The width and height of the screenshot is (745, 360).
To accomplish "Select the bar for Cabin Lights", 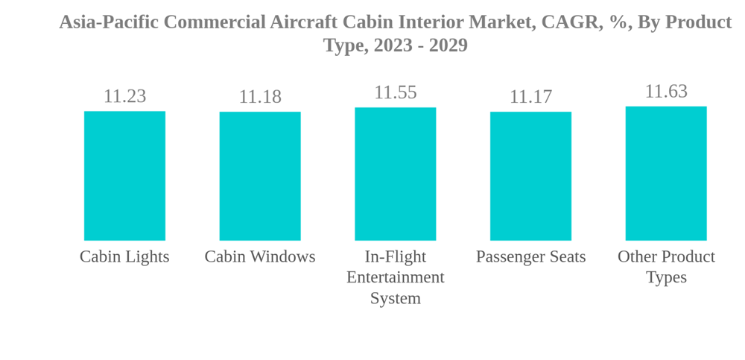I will tap(124, 176).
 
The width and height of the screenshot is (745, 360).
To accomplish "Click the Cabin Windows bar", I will tap(260, 176).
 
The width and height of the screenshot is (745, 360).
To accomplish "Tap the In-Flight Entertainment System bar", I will tap(395, 174).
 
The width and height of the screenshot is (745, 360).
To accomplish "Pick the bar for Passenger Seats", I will tap(530, 176).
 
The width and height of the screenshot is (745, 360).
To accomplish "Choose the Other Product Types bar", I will tap(666, 173).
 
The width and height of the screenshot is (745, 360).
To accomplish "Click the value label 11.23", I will tap(124, 96).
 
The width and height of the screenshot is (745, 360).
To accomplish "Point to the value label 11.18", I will tap(260, 97).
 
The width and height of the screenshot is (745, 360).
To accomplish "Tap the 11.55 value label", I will tap(395, 92).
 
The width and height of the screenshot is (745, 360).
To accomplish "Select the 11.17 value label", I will tap(530, 97).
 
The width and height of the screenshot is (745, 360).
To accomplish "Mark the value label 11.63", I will tap(666, 92).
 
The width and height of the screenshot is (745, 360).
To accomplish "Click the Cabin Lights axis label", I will tap(124, 256).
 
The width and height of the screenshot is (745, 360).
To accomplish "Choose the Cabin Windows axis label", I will tap(260, 256).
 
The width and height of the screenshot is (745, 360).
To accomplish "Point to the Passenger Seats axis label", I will tap(530, 256).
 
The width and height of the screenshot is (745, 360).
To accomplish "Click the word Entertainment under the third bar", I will tap(395, 277).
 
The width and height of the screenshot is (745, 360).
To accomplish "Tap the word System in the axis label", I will tap(395, 298).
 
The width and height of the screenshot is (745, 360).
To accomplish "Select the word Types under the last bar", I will tap(666, 277).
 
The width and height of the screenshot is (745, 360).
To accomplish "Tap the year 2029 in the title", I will tap(448, 45).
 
